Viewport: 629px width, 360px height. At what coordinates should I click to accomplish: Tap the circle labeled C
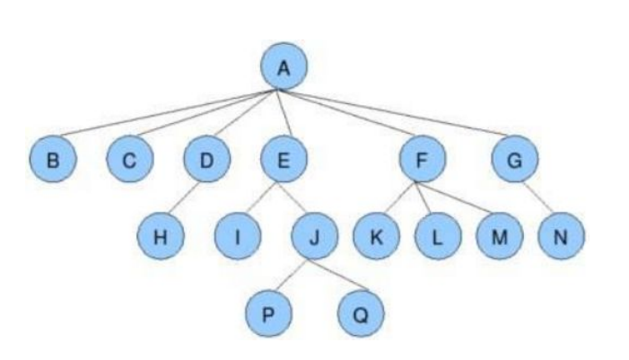[128, 161]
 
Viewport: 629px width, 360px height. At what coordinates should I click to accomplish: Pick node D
[205, 161]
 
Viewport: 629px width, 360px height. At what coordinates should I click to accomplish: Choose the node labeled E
[284, 161]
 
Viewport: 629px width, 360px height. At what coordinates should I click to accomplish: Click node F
[422, 161]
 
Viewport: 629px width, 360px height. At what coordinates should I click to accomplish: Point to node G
[513, 161]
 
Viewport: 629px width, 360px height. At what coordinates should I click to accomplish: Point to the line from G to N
[537, 198]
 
